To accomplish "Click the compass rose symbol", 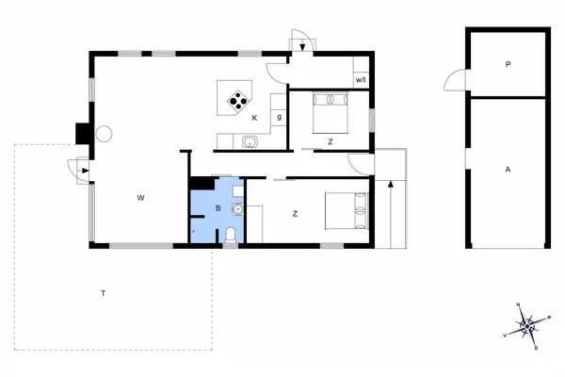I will (x=527, y=325).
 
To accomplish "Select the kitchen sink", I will (x=250, y=142).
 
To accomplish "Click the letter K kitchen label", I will (x=254, y=119).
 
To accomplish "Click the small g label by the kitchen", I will (x=280, y=116).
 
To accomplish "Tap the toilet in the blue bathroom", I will (x=230, y=235).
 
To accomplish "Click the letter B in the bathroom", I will (x=217, y=207).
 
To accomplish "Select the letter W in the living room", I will (x=139, y=197).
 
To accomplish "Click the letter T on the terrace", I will (x=102, y=294).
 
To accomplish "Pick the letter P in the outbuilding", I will (x=508, y=65).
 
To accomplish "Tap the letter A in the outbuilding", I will (x=508, y=170).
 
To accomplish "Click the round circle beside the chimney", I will (x=103, y=134).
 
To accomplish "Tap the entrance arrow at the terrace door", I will (x=83, y=171).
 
